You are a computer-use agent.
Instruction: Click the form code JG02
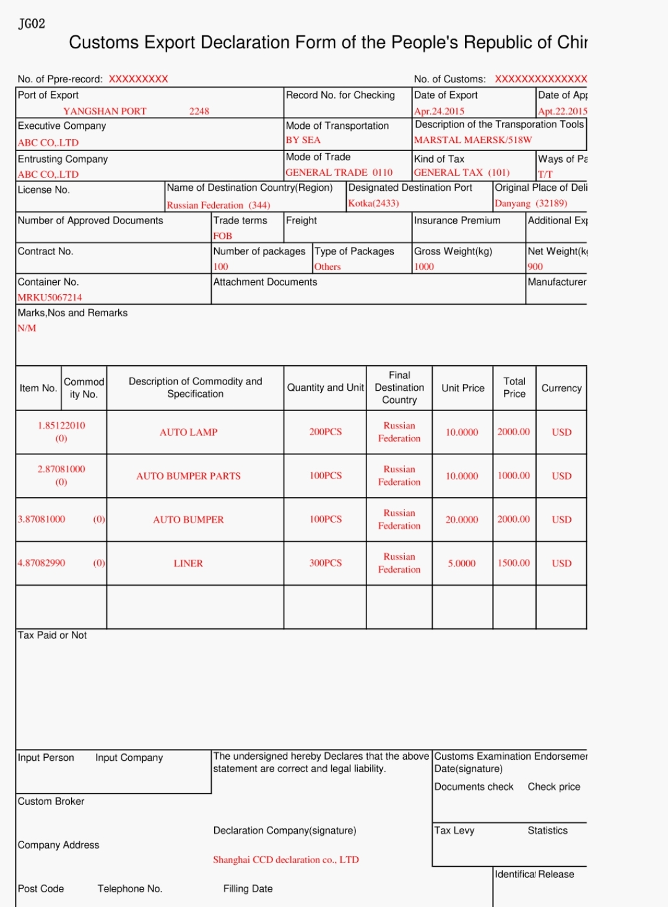point(32,24)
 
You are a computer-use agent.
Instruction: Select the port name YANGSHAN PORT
point(105,111)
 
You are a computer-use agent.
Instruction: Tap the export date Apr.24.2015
point(439,111)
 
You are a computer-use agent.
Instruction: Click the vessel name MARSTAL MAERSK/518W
point(473,140)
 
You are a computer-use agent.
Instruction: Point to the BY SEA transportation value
point(303,140)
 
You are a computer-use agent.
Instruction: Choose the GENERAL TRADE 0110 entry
point(339,173)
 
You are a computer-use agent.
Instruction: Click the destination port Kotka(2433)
point(373,203)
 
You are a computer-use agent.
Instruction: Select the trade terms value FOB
point(222,236)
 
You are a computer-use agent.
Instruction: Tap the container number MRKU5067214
point(50,297)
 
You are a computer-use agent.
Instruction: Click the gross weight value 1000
point(424,267)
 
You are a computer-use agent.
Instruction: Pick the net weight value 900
point(535,267)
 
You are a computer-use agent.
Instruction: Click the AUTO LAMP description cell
point(188,432)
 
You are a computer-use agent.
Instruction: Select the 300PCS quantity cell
point(325,563)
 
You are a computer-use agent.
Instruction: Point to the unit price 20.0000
point(462,519)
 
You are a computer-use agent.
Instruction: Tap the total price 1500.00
point(514,563)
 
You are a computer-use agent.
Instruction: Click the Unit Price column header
point(462,388)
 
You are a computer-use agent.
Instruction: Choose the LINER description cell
point(188,563)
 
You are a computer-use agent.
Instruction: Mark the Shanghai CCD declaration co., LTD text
point(285,859)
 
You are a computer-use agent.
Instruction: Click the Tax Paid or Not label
point(52,635)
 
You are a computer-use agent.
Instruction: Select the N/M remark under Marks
point(27,328)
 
